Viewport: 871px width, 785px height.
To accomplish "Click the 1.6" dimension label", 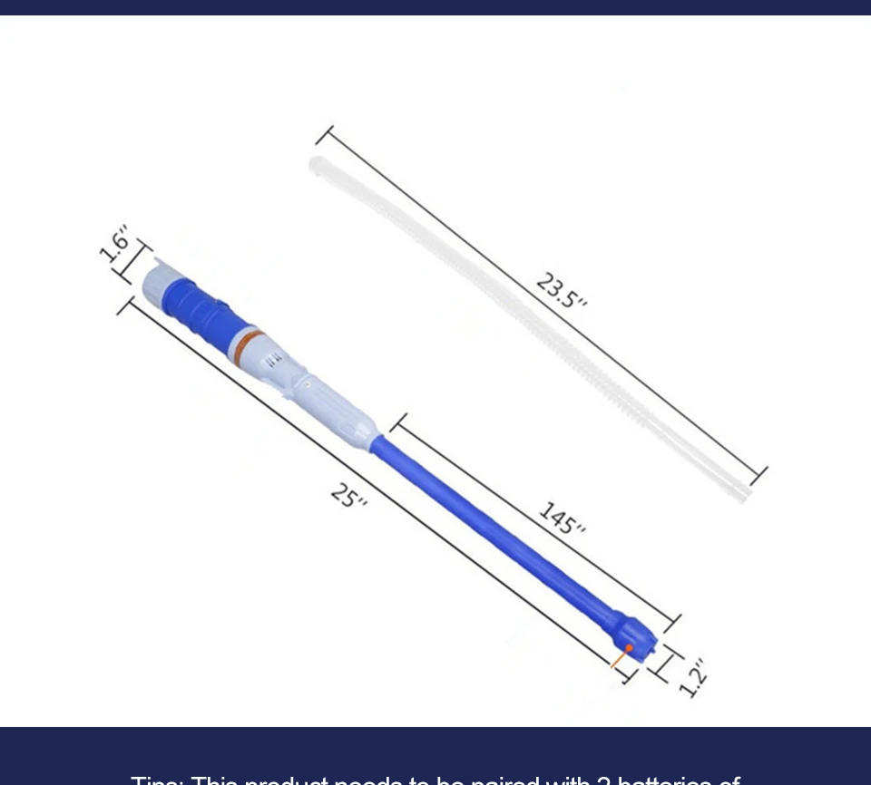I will point(114,244).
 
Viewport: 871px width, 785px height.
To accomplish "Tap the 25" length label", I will point(348,496).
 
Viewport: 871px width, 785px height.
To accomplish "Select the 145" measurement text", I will point(563,518).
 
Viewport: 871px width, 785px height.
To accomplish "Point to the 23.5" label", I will point(562,290).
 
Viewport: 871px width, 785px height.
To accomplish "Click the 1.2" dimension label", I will point(692,677).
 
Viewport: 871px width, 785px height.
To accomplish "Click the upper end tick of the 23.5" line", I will point(325,135).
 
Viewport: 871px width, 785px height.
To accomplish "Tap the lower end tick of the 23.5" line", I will point(759,475).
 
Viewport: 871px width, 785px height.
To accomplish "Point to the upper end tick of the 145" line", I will point(398,422).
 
